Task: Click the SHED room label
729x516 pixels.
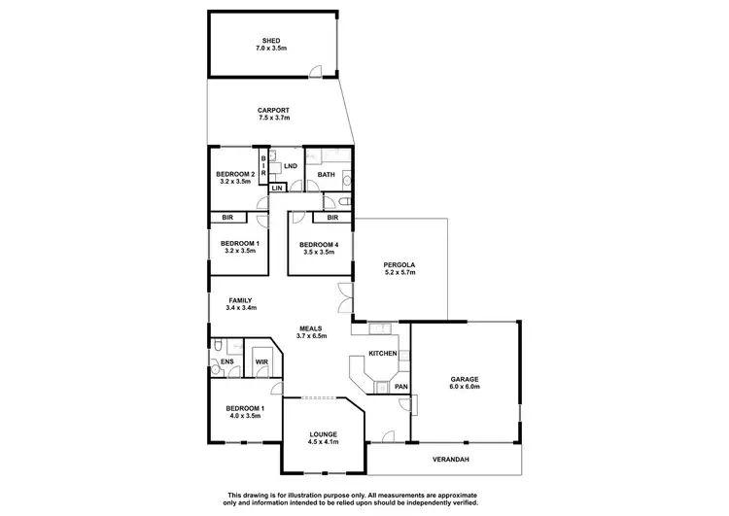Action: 272,41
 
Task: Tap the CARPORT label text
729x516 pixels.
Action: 273,110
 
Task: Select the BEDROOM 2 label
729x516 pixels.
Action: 235,175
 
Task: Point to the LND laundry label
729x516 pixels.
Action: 290,166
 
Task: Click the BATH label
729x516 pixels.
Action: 326,175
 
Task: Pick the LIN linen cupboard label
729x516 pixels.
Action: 277,188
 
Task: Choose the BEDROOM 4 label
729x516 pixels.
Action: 318,244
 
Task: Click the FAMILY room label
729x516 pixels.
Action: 240,301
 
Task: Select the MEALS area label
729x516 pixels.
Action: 312,328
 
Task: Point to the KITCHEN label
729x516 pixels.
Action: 382,353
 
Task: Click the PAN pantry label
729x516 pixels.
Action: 400,387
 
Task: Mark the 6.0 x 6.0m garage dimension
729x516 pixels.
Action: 465,387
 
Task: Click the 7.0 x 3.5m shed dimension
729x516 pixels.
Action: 272,49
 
